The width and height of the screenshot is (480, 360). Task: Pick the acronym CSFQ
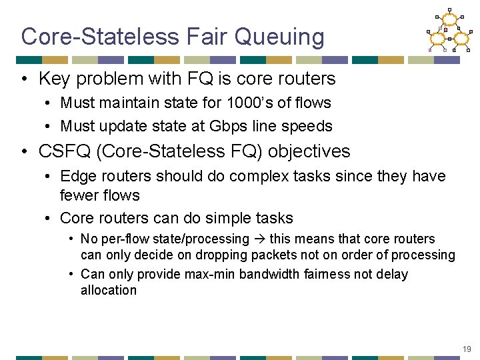(65, 151)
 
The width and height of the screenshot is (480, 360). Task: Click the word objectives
(309, 151)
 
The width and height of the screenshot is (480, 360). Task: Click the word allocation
(108, 290)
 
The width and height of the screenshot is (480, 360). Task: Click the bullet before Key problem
(25, 79)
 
